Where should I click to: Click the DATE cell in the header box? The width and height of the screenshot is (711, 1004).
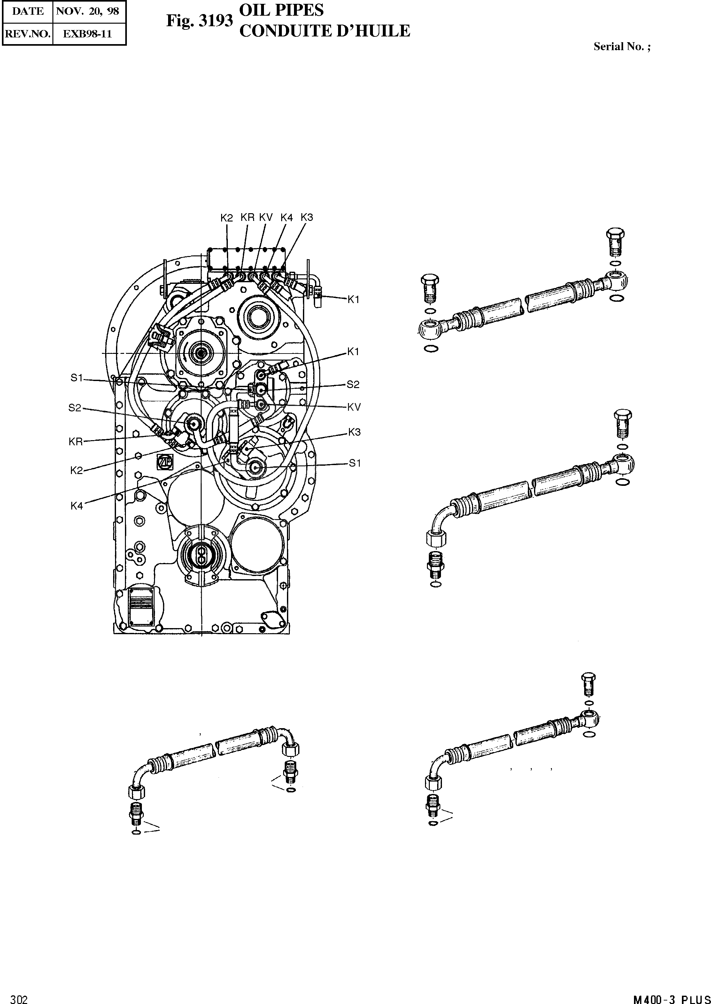[27, 12]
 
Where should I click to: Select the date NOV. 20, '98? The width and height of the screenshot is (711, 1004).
[89, 12]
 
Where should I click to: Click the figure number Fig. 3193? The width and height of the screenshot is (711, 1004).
[199, 21]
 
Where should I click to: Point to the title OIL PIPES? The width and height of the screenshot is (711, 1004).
[282, 10]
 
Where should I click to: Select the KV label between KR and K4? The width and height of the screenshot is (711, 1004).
[266, 217]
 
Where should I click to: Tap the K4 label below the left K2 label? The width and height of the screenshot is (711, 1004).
[77, 506]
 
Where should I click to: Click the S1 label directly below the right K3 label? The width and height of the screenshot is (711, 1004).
[355, 463]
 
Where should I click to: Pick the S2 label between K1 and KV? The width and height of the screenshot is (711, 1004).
[353, 385]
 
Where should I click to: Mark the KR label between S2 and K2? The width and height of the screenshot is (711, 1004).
[76, 442]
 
